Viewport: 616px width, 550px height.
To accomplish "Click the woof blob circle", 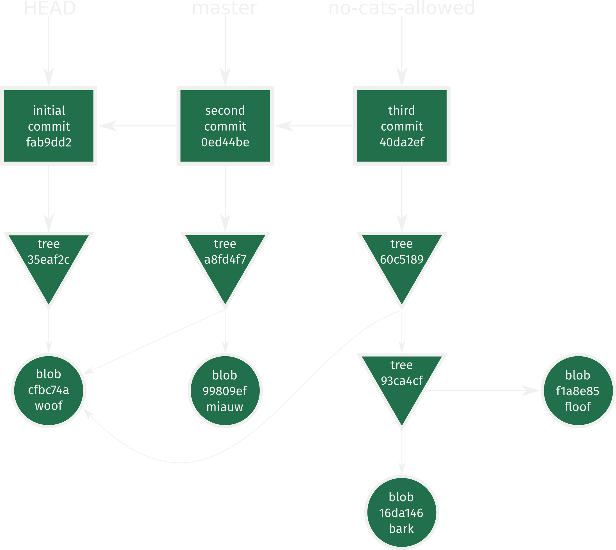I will click(x=49, y=390).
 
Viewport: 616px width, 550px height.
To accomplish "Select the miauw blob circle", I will click(x=225, y=391).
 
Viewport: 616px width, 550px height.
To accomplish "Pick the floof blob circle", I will click(x=578, y=391).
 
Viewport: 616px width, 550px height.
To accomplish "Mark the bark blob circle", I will click(x=402, y=512).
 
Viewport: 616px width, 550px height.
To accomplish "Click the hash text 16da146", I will click(x=401, y=513).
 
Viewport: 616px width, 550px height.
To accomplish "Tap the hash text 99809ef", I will click(x=225, y=391).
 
